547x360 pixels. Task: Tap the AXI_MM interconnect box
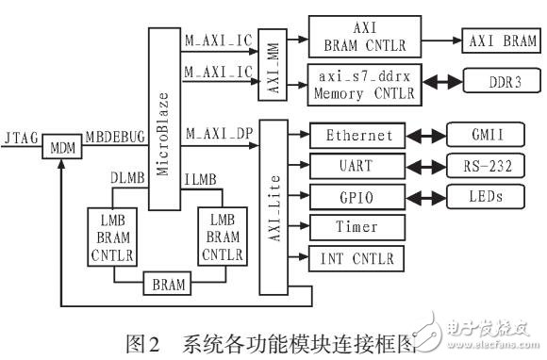tap(272, 64)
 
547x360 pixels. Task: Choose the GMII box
tap(479, 137)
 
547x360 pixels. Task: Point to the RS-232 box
tap(479, 166)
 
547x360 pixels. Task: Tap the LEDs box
tap(479, 196)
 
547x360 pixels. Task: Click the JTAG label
tap(20, 139)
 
